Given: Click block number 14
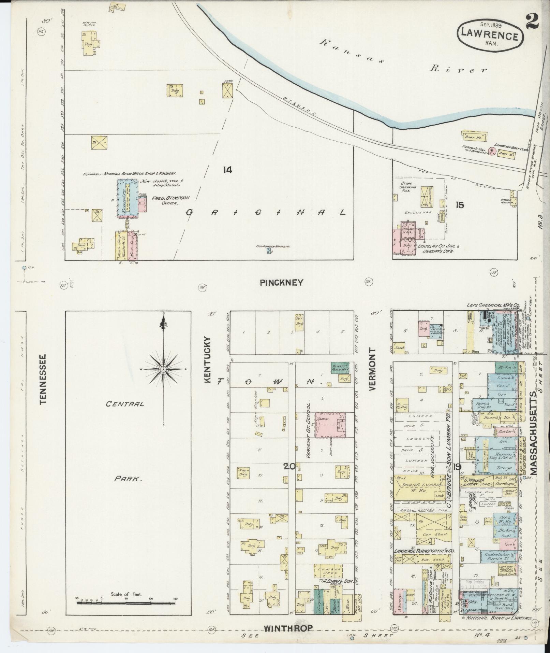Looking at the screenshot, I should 227,170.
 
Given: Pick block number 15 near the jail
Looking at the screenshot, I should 460,205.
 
